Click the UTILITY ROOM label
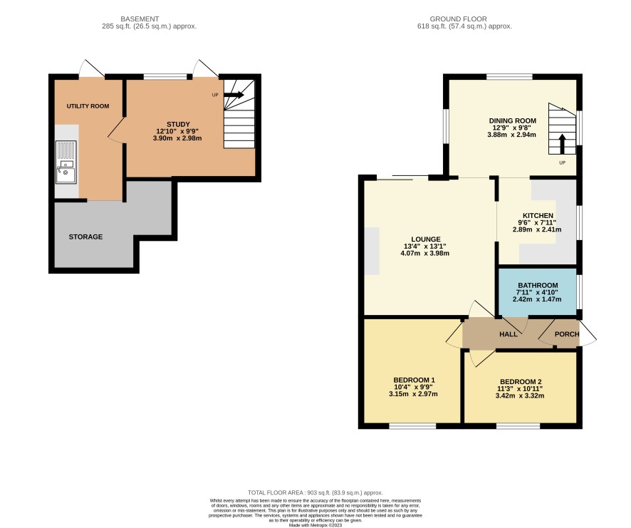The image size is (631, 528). click(88, 106)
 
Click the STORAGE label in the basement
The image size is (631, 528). click(85, 237)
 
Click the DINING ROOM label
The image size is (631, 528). click(511, 120)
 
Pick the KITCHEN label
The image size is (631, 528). click(538, 215)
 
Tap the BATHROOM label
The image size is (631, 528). click(537, 285)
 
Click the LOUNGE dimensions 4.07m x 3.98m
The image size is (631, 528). click(425, 253)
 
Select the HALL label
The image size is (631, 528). click(508, 334)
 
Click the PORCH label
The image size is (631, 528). click(566, 334)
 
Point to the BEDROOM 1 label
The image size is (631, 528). click(413, 379)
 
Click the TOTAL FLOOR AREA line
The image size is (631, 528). click(315, 492)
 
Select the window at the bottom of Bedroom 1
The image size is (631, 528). click(412, 426)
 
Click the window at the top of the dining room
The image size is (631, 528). click(510, 76)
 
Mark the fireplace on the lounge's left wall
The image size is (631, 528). click(372, 250)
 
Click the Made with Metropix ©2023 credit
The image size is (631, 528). click(315, 525)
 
